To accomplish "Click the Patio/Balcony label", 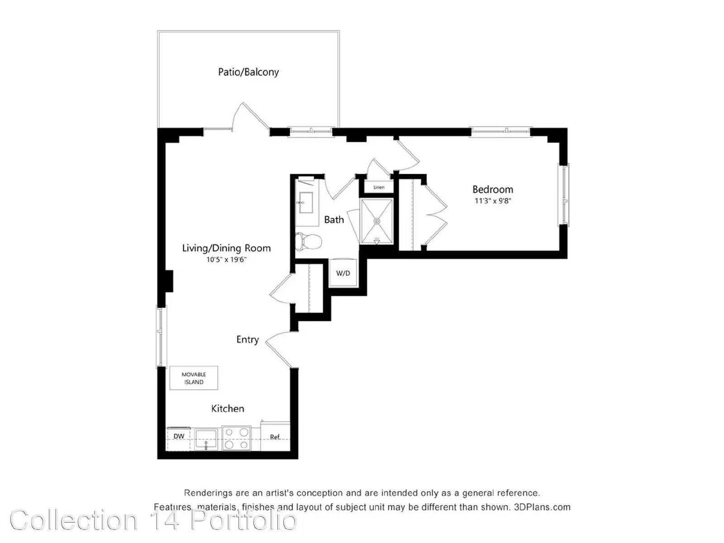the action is [248, 72].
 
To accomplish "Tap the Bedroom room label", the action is [493, 189].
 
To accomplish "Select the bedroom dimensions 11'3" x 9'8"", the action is [493, 201].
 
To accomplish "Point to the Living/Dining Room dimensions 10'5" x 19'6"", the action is [227, 259].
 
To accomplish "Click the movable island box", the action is [194, 378].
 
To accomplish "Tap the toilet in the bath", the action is [308, 241].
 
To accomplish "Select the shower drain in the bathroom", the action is [376, 221].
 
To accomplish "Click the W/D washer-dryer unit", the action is [343, 273].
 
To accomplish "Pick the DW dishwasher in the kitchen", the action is [178, 439].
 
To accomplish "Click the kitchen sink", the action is [205, 439].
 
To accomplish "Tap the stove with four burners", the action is [237, 438].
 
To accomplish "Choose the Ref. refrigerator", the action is [275, 436].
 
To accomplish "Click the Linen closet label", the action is [379, 187].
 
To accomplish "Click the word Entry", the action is [248, 339].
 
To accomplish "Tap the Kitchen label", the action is [228, 409].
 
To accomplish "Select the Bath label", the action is [334, 219].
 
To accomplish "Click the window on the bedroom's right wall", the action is [563, 195].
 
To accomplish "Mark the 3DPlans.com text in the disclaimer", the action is [542, 507].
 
